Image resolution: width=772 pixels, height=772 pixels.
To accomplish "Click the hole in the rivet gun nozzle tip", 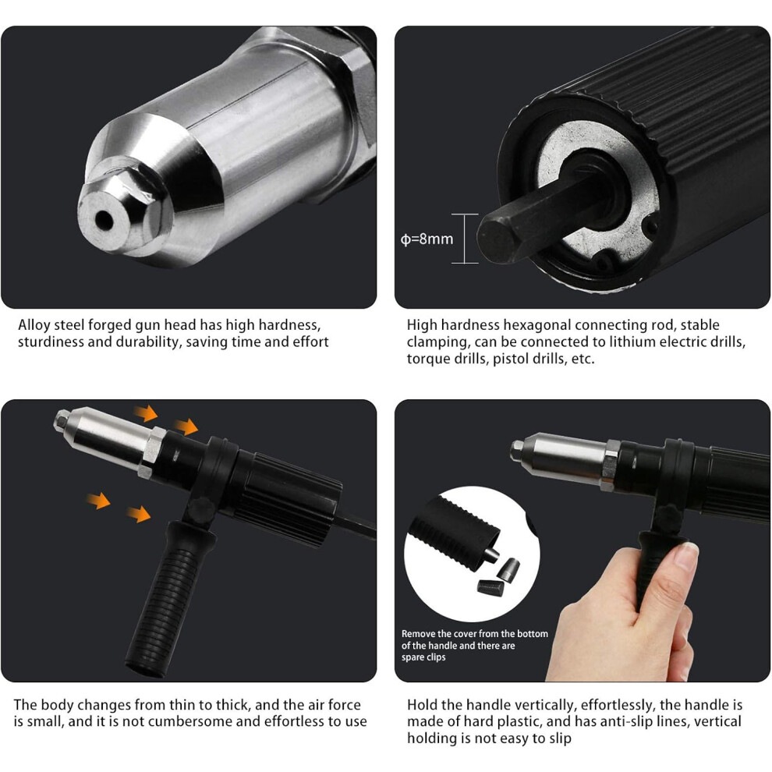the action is (104, 221).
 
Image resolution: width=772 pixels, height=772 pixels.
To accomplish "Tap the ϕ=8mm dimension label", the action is (427, 239).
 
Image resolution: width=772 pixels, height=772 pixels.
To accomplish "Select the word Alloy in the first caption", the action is (34, 325).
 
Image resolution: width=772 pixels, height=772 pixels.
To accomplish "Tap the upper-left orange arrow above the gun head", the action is (146, 413).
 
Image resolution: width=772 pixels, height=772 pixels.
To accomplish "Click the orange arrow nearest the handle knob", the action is (138, 514).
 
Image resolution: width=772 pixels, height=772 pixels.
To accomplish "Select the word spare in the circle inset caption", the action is (412, 657).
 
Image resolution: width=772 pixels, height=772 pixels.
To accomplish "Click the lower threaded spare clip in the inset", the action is (490, 587).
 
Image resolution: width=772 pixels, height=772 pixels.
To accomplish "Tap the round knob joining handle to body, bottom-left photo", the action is (200, 509).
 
